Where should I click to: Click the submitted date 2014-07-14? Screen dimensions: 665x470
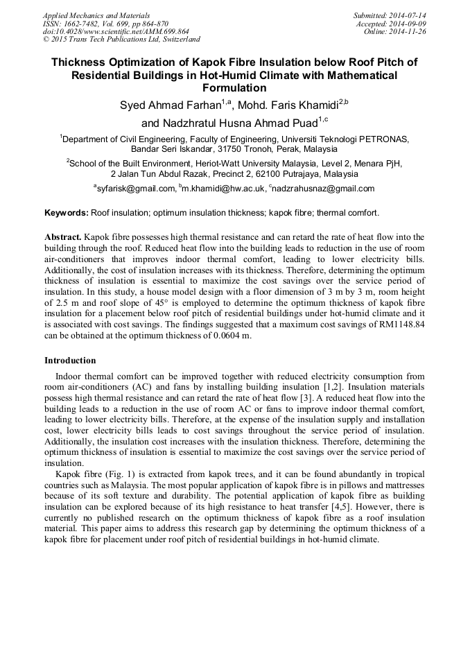click(x=406, y=15)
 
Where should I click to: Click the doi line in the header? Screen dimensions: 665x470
click(x=116, y=32)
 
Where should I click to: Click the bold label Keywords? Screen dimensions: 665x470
click(x=66, y=212)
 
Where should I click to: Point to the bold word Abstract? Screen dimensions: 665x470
click(x=63, y=236)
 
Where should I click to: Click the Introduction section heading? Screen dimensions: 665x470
click(x=70, y=361)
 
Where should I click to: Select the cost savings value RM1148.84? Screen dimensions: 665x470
click(x=395, y=325)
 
